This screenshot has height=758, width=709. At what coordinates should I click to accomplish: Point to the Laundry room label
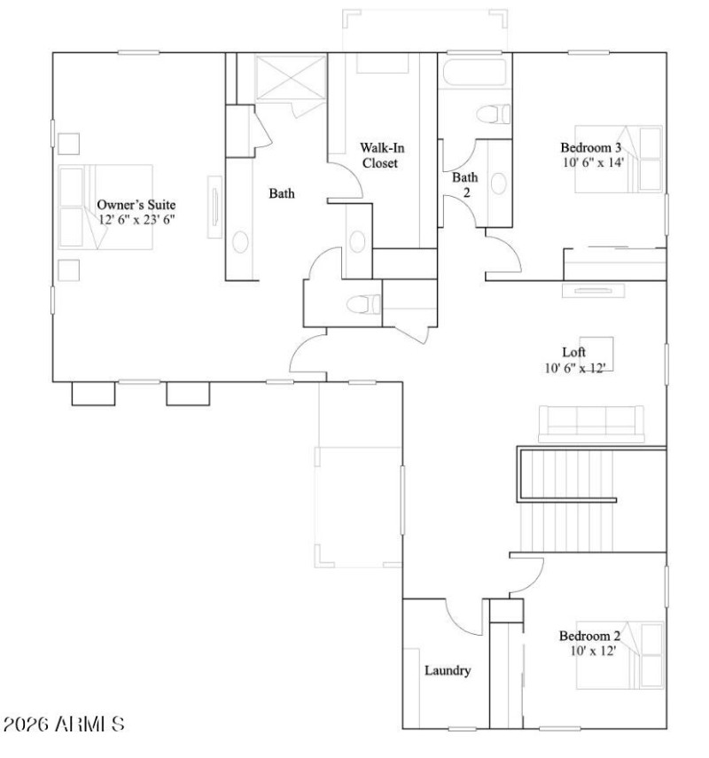pos(447,670)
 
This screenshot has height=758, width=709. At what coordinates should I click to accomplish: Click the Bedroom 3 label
pos(590,147)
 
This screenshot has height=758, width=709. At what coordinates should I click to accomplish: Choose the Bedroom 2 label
pos(588,635)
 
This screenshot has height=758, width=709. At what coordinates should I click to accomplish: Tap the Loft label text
pos(574,351)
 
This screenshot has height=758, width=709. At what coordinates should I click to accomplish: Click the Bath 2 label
pos(464,184)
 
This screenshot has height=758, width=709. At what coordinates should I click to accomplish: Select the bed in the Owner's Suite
pos(105,206)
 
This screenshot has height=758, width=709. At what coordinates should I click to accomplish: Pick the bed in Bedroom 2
pos(620,655)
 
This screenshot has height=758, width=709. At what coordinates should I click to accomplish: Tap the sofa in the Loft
pos(590,423)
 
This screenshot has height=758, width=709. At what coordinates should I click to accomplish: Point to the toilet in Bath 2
pos(493,114)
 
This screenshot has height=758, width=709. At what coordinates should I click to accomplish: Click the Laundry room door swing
pos(463,616)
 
